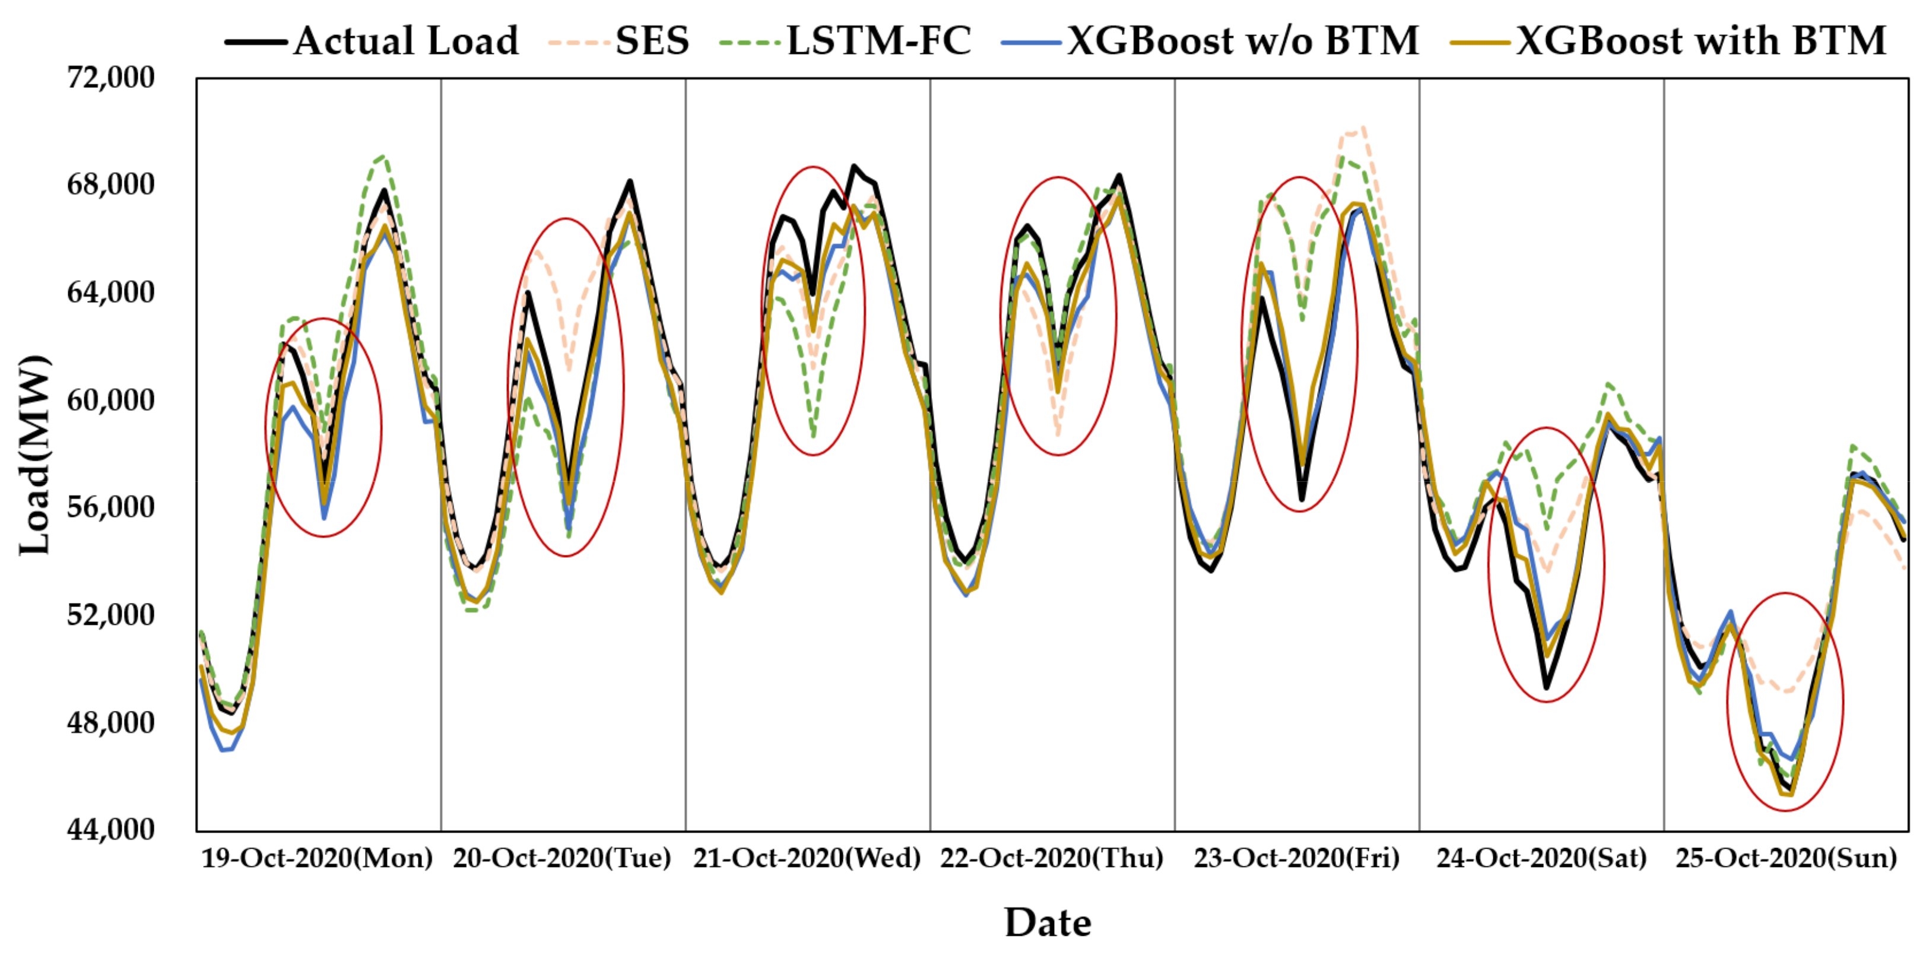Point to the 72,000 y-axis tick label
(x=110, y=77)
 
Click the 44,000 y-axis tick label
(x=110, y=829)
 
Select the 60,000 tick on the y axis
(x=110, y=399)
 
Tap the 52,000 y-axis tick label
(x=110, y=614)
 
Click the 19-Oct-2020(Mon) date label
(x=317, y=858)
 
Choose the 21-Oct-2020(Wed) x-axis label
(x=807, y=858)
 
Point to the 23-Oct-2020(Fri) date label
(x=1296, y=858)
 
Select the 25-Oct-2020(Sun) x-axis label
(x=1786, y=858)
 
